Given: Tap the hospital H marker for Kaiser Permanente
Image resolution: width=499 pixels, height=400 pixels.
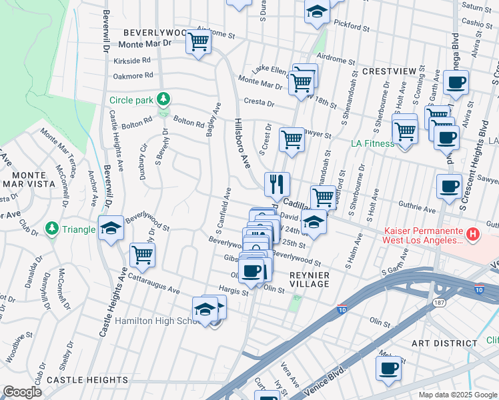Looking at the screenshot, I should (x=472, y=234).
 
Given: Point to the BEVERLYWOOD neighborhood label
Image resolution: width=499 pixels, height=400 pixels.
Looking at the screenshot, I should (x=153, y=33).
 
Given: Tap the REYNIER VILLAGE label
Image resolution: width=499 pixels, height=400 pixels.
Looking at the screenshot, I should (x=310, y=279).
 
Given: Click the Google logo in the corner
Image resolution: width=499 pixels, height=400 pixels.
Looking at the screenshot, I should (x=21, y=392).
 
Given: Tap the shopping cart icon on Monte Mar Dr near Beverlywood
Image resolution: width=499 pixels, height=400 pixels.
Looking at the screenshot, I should (x=199, y=41).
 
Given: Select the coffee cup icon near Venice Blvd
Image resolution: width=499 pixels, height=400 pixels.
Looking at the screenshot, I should (x=388, y=367).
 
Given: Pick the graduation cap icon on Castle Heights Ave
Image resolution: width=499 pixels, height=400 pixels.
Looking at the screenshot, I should (x=111, y=229).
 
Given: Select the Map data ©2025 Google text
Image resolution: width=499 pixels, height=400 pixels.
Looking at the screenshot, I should (x=458, y=394).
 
